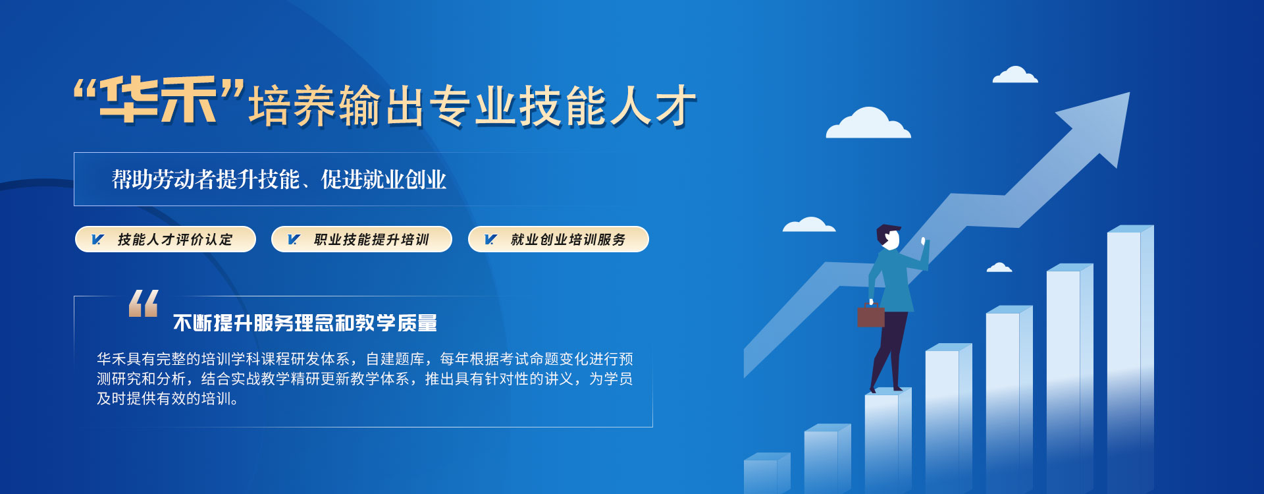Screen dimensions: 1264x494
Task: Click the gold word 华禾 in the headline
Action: [x=159, y=99]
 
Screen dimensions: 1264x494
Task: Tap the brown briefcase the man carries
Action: [x=870, y=315]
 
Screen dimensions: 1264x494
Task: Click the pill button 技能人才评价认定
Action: [x=165, y=239]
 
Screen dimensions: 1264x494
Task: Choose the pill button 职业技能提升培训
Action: [x=361, y=239]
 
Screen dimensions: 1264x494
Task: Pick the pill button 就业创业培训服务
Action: [x=558, y=239]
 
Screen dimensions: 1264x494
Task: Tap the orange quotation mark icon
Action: [x=144, y=303]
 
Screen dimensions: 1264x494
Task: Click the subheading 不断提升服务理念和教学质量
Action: [x=305, y=323]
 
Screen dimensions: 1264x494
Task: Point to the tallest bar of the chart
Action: [x=1130, y=359]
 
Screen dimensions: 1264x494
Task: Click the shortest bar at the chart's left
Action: [x=767, y=473]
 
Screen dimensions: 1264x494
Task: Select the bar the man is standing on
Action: [x=888, y=441]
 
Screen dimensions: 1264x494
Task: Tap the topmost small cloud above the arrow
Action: [x=1015, y=74]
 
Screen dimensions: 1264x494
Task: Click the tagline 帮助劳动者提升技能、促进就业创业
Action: [x=279, y=179]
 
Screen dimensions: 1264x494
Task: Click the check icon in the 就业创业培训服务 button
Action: [x=490, y=239]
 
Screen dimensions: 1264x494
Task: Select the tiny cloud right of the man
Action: [x=999, y=267]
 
